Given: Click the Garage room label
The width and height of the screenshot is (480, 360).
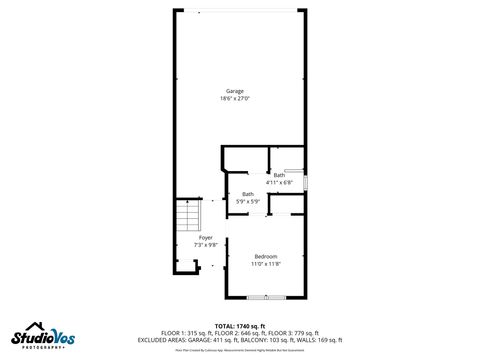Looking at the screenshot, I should pos(234,91).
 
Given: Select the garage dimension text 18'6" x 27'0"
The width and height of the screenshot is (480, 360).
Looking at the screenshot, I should pos(234,98).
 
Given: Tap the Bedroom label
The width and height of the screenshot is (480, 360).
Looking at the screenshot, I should pos(265,256).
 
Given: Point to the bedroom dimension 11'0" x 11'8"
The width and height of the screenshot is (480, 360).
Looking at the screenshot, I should pos(265,263).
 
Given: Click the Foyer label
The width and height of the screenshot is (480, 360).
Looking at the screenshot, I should pos(205,237).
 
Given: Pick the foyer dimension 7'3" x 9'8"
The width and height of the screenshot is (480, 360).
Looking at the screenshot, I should pos(205,244).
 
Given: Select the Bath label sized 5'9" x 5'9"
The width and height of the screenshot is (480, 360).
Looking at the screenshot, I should pos(247,194).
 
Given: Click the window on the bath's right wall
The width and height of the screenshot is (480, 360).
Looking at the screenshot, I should pos(304,181).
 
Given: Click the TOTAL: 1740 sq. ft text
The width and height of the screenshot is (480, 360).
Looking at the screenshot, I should pos(239,326).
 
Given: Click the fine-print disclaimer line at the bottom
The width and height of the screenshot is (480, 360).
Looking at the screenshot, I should pos(239,350).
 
